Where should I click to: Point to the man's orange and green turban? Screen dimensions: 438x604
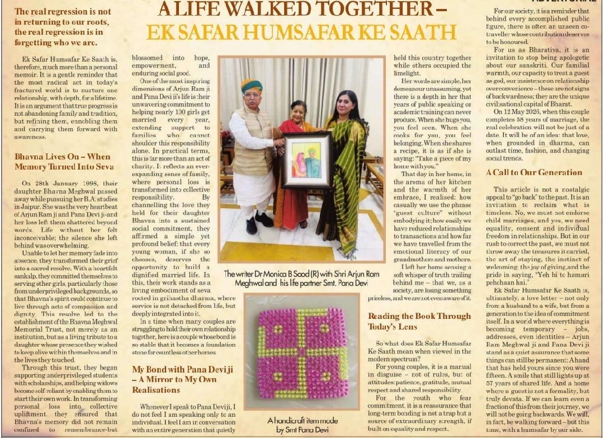point(252,86)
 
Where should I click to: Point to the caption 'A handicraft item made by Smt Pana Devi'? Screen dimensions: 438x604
point(303,425)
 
